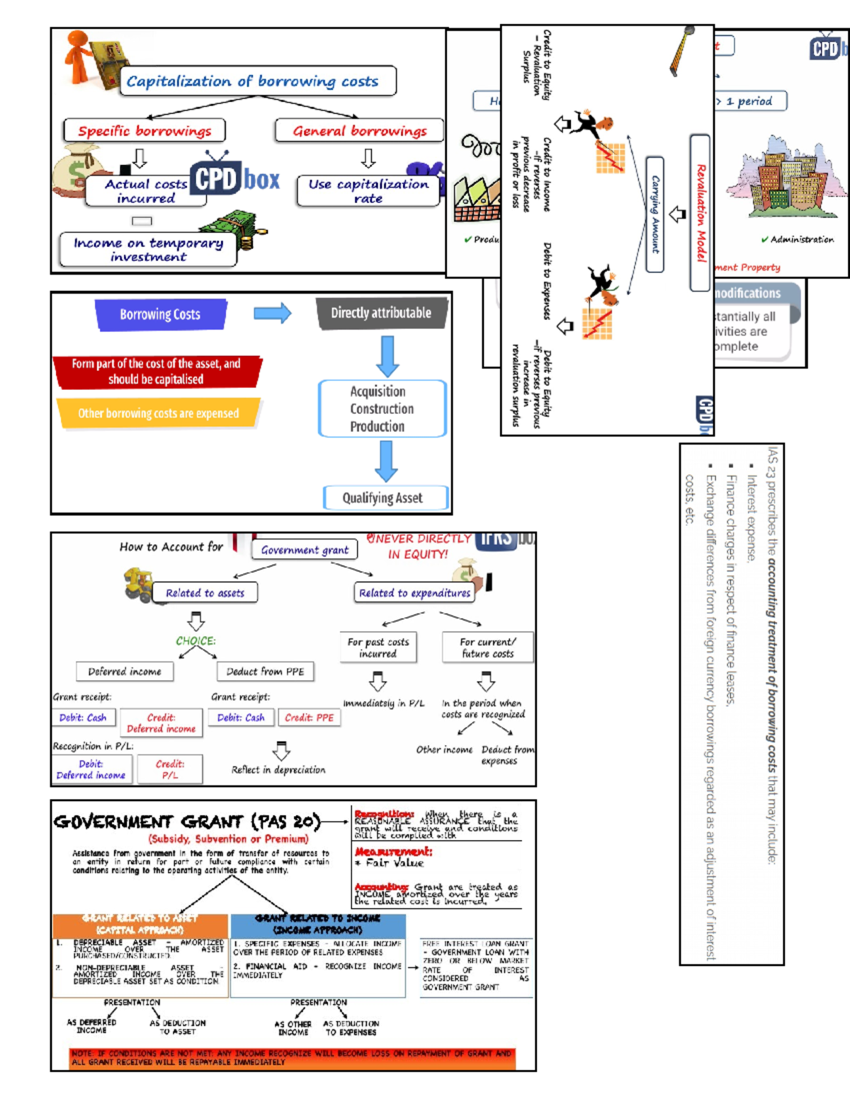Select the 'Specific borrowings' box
144,131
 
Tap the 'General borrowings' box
359,131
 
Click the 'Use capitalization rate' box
368,191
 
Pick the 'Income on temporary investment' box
148,250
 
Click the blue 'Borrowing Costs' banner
160,314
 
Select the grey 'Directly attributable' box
381,313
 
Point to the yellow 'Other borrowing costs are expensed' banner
159,413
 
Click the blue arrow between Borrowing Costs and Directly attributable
272,313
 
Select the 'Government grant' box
305,550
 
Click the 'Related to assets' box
205,593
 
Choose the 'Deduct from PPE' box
265,672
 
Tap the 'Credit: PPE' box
309,718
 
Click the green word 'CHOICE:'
195,641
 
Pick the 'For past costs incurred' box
378,648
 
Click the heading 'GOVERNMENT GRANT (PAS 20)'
187,822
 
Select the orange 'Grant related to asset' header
140,924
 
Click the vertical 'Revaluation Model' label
701,212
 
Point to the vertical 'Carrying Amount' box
655,214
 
